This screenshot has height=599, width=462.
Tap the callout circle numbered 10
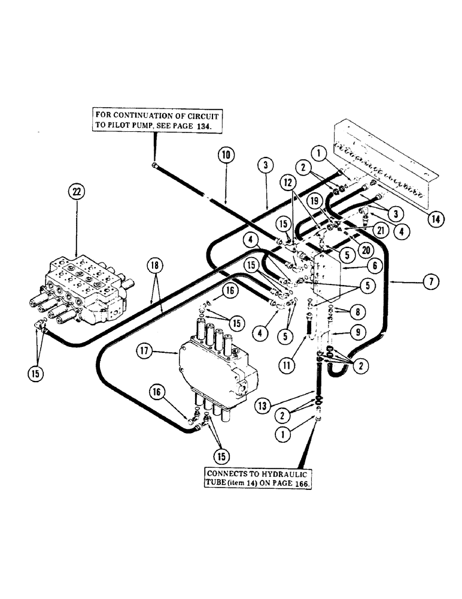(x=227, y=156)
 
